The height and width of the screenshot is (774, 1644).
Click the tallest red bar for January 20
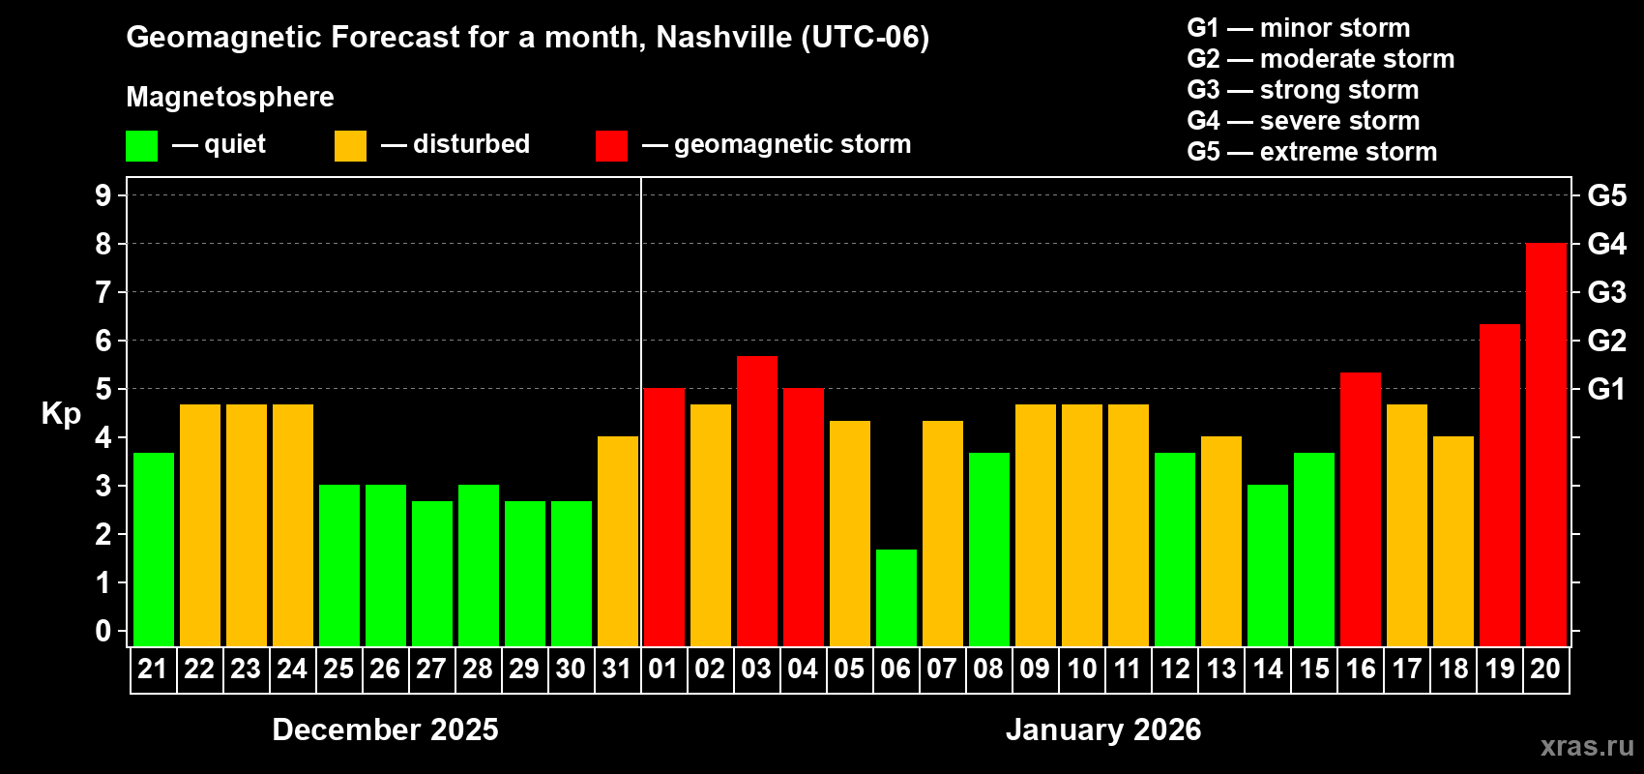(x=1545, y=445)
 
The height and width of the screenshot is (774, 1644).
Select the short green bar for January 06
(x=895, y=598)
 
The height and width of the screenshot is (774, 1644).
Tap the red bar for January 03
(x=756, y=501)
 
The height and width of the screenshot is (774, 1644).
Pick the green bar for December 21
(x=153, y=550)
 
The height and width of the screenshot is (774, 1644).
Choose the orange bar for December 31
(x=617, y=542)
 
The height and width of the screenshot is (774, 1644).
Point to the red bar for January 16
(x=1360, y=509)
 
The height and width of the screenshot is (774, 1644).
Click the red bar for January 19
(x=1499, y=486)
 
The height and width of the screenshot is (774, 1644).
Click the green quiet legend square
(x=141, y=146)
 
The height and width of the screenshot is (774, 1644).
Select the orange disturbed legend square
(x=350, y=146)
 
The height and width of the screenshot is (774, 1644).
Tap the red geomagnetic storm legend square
(x=611, y=146)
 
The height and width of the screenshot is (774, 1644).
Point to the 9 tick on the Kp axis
(x=103, y=195)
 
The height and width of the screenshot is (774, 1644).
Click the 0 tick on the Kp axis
(x=103, y=632)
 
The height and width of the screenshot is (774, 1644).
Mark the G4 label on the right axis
(x=1606, y=244)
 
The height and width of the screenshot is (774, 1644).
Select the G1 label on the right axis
(x=1606, y=389)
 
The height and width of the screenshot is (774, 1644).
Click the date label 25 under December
(x=338, y=669)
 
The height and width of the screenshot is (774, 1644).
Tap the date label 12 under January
(x=1174, y=669)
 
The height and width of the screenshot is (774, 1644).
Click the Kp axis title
(x=61, y=414)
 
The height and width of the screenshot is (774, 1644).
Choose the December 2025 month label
(x=385, y=729)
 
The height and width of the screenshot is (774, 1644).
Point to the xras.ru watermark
(x=1586, y=746)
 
